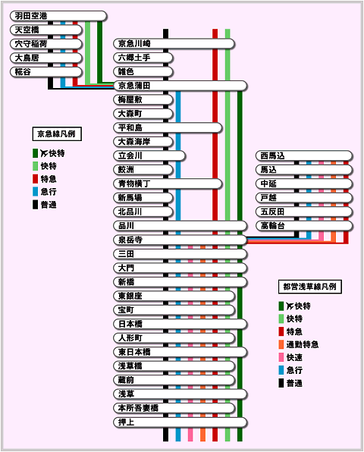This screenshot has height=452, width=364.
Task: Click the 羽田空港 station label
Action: pos(31,16)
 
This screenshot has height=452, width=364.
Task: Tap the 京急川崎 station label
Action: pos(134,43)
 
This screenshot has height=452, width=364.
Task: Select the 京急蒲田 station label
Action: pos(134,86)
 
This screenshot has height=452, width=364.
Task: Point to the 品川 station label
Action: pos(126,226)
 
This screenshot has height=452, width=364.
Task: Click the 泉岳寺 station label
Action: pos(130,240)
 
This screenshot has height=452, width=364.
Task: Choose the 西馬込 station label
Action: pos(272,155)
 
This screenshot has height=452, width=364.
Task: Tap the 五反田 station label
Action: pos(272,212)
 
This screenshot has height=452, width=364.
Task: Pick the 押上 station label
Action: pos(126,422)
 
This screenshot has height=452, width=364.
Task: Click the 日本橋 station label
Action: pos(130,324)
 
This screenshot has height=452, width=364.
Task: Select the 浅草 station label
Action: pos(126,394)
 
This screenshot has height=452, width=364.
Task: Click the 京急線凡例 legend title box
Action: pos(57,134)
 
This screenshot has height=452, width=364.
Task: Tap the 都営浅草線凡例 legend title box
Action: pos(310,287)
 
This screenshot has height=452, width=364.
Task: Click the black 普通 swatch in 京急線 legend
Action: pos(35,205)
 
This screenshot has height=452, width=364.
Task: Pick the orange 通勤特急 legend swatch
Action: pos(281,344)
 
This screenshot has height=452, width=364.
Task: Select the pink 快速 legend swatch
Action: pos(281,357)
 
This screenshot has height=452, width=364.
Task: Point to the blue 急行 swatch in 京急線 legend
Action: pos(35,192)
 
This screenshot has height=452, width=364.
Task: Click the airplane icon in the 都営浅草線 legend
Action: pos(290,306)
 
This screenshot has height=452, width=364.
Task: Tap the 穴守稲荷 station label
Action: pos(31,44)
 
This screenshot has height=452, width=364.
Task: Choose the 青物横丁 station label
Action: pos(134,184)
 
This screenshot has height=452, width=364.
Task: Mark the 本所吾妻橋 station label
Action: pos(138,408)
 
